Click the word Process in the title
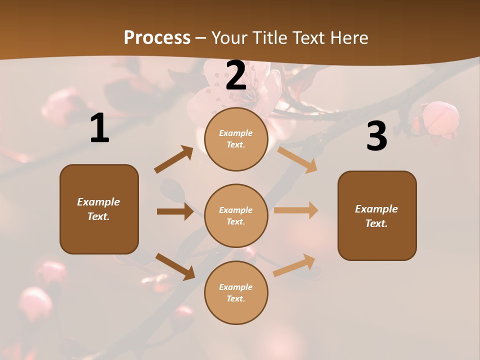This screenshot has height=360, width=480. tap(157, 38)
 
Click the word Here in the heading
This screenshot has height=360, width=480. tap(347, 38)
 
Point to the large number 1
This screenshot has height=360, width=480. tap(99, 128)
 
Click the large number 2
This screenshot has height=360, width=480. tap(236, 75)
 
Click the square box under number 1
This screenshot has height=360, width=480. tap(99, 209)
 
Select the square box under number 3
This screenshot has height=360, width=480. tap(377, 215)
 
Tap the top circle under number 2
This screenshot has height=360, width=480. tap(236, 139)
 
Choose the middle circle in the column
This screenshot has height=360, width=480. tap(236, 215)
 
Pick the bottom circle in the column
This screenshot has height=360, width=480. tap(236, 292)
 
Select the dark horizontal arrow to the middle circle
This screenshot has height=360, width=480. tap(175, 211)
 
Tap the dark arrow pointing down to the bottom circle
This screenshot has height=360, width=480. tap(175, 266)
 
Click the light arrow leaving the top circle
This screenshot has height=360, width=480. tap(297, 159)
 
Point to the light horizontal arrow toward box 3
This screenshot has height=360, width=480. tap(296, 210)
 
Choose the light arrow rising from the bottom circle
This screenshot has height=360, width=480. tap(294, 265)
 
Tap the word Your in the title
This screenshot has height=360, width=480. tap(230, 38)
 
